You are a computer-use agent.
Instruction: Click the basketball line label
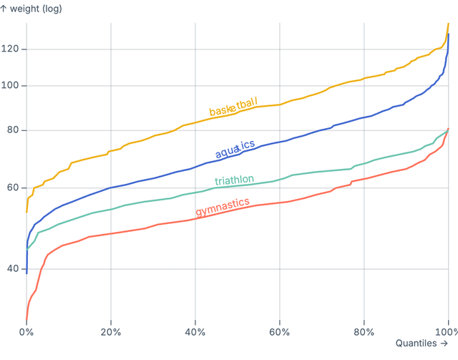[x=233, y=107]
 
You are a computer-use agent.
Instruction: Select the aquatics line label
[x=235, y=149]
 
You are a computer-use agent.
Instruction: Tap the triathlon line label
[x=234, y=179]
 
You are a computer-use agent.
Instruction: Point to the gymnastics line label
[x=223, y=208]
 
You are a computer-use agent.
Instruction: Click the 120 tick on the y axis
[x=12, y=49]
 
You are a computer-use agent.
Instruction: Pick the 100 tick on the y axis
[x=12, y=86]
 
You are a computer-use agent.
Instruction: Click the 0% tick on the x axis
[x=26, y=333]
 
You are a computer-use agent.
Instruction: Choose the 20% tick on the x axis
[x=111, y=333]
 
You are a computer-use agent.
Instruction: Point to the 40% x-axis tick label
[x=195, y=333]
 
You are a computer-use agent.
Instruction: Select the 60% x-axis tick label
[x=280, y=333]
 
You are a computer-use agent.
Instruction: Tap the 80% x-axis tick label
[x=364, y=333]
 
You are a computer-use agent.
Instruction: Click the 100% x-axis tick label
[x=446, y=333]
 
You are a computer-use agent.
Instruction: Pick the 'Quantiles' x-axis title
[x=424, y=345]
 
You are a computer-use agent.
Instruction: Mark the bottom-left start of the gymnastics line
[x=26, y=323]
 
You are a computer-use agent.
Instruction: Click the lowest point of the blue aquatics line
[x=26, y=273]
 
